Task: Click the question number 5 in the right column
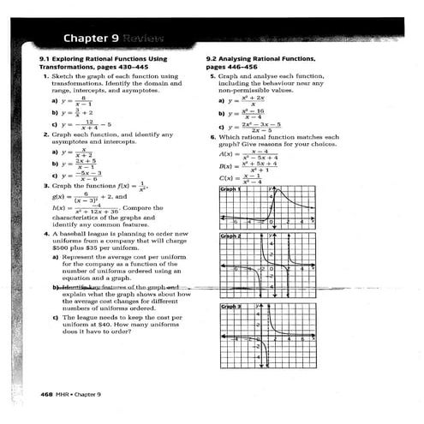211,75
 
